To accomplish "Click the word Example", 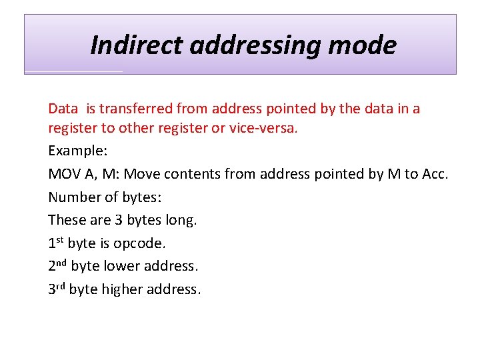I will (x=72, y=151).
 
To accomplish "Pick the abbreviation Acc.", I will (x=435, y=174).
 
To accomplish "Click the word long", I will (x=182, y=220).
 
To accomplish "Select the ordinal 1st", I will (x=56, y=243).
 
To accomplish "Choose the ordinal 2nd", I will (x=57, y=265).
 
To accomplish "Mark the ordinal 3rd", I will (x=57, y=289).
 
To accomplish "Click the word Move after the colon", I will (x=144, y=174).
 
